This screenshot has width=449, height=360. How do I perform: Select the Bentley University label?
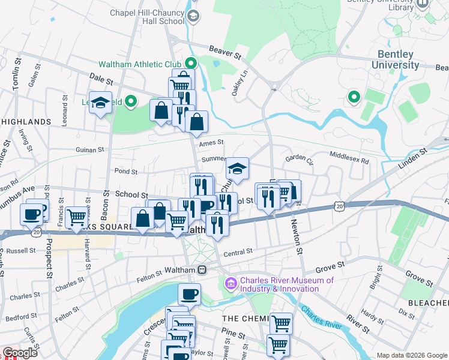coord(395,59)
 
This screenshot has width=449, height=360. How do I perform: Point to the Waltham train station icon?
coord(203,270)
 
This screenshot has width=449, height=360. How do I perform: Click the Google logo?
coord(20,353)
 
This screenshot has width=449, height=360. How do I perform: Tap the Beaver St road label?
coord(224,52)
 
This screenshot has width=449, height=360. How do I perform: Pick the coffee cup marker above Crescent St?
coord(189,293)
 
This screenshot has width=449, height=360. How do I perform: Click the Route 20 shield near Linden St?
coord(340,206)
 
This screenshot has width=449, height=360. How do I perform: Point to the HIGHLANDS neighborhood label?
coord(26,122)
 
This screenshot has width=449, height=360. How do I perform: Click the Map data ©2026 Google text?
coord(411,355)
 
